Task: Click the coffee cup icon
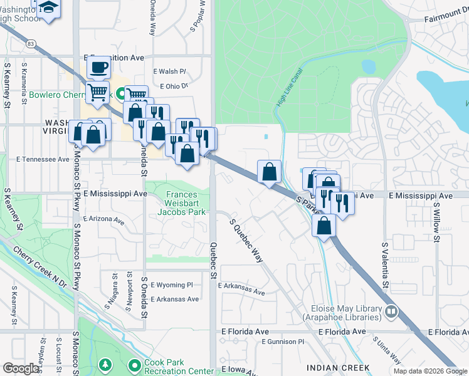coord(98,66)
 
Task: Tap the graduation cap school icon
coord(48,7)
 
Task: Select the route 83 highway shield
coord(30,44)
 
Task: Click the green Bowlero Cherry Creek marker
coord(120,95)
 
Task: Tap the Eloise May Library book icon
coord(392,310)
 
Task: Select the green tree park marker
coord(105,365)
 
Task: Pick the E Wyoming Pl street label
coord(171,285)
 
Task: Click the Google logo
coord(21,368)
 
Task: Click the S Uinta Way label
coord(386,351)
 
